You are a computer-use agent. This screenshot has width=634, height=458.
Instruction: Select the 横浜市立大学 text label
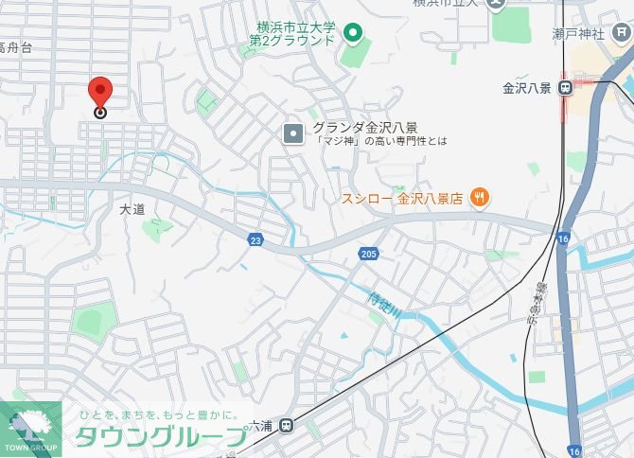[296, 26]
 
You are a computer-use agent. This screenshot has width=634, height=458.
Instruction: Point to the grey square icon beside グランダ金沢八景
[293, 132]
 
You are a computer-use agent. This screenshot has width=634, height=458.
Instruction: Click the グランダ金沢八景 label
[367, 127]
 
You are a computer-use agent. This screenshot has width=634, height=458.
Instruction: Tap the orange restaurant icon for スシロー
[480, 198]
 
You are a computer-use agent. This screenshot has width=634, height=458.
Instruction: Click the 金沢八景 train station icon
[565, 88]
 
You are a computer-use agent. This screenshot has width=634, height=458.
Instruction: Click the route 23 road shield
[256, 240]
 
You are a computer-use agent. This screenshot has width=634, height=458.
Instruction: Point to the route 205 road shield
[367, 254]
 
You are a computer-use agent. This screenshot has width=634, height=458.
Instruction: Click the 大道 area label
[132, 209]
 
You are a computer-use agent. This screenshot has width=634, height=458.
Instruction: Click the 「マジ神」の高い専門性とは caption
[368, 142]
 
